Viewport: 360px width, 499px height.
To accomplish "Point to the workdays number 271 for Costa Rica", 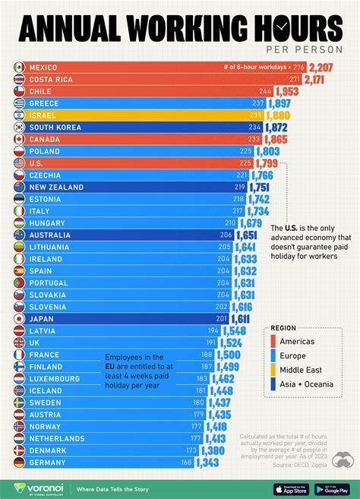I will point(295,80).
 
